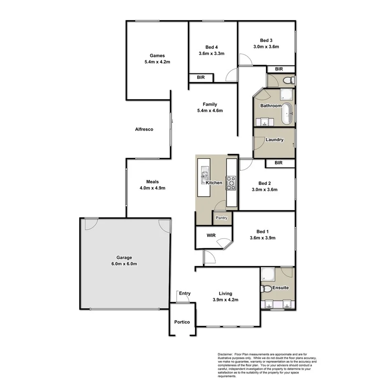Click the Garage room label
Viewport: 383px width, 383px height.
click(x=124, y=258)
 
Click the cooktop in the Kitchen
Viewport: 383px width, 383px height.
click(x=231, y=183)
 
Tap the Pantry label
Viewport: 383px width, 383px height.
click(x=221, y=218)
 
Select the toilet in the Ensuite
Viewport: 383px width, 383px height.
click(x=266, y=289)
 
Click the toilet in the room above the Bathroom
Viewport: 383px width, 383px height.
click(x=289, y=80)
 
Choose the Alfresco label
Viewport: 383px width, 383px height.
click(x=144, y=129)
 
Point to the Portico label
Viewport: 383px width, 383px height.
click(x=182, y=322)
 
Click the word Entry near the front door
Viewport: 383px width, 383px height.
click(x=185, y=293)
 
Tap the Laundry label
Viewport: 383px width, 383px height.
click(x=274, y=140)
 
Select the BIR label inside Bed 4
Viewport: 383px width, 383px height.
click(x=201, y=77)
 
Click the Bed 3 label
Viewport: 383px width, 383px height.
click(x=266, y=40)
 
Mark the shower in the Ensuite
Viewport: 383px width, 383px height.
click(x=268, y=274)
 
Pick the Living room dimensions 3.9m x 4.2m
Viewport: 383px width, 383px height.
click(x=225, y=300)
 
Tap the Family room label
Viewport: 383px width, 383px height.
click(x=210, y=104)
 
